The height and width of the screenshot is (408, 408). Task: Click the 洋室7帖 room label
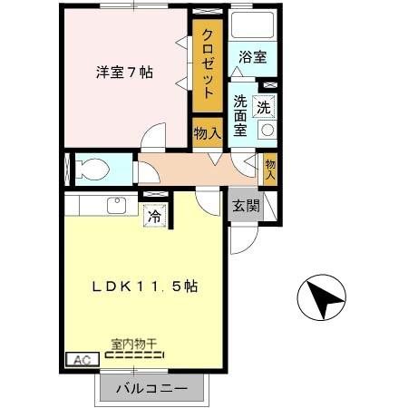coord(126,73)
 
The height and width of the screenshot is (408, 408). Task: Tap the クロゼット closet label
coord(208,63)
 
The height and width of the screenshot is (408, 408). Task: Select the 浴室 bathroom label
coord(251,57)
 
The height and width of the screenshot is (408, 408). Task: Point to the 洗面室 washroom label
coord(241,115)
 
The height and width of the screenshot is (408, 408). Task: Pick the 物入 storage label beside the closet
coord(208,132)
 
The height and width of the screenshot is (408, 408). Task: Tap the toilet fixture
coord(91,168)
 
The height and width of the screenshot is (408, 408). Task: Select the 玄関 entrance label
coord(245,206)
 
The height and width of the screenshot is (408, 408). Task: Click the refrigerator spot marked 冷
coord(154,217)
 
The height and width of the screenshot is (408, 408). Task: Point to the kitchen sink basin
coord(116,205)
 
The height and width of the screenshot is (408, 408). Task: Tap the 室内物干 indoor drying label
coord(134,345)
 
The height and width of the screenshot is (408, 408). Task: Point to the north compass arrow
coord(321,296)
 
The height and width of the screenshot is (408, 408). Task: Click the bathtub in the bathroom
coord(252,24)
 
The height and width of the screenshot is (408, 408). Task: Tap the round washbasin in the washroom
coord(267,130)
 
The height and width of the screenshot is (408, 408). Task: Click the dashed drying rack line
coord(134,356)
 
